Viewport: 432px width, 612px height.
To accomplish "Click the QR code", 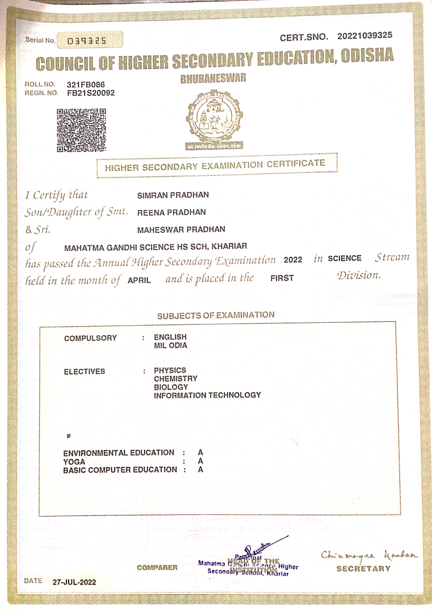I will pos(81,130).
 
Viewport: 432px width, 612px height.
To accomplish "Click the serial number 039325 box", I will pos(90,40).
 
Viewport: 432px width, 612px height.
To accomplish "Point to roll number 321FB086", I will pos(86,85).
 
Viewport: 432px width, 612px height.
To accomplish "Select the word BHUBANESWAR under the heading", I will pos(213,78).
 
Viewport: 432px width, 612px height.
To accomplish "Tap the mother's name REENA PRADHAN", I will pos(171,212).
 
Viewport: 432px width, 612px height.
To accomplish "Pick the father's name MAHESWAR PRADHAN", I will pos(181,229).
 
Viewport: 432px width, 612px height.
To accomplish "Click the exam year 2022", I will pos(293,260).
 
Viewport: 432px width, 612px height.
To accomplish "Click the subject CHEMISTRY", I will pos(175,379).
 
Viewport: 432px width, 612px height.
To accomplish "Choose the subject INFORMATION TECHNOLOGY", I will pos(207,395).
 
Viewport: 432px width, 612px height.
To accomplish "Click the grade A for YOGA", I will pos(200,461).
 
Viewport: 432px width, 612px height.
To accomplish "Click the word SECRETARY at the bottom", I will pos(363,569).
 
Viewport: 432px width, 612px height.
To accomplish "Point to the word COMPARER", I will pos(157,568).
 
